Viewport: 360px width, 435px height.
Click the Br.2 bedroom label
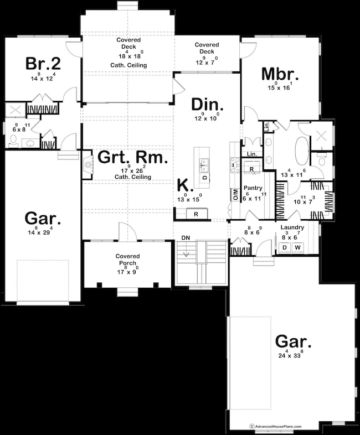coord(43,63)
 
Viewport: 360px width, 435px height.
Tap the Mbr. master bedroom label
coord(280,75)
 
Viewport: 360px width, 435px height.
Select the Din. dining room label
coord(208,104)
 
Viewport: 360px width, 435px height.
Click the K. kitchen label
coord(183,185)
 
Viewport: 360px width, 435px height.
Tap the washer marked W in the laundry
coord(297,246)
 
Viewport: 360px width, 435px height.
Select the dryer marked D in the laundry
coord(285,246)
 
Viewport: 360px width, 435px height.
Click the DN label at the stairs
coord(186,239)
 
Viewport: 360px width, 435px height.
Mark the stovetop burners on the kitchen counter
coord(234,164)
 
